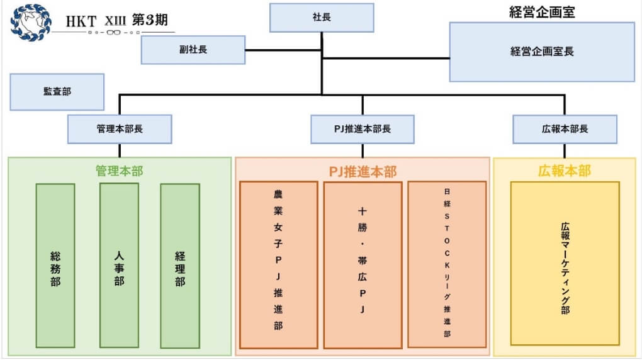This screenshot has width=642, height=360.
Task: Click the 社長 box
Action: pyautogui.click(x=322, y=18)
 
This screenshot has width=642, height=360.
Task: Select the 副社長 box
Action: pyautogui.click(x=193, y=50)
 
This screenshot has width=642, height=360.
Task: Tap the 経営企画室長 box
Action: pyautogui.click(x=541, y=52)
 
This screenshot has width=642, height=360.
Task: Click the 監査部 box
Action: pyautogui.click(x=57, y=92)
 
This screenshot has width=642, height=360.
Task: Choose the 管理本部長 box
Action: pyautogui.click(x=120, y=129)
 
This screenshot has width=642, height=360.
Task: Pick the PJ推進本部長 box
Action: pyautogui.click(x=362, y=129)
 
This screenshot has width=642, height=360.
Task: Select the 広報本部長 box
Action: pyautogui.click(x=565, y=129)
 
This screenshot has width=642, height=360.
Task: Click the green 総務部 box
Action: pyautogui.click(x=55, y=266)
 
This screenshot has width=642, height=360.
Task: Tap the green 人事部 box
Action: pyautogui.click(x=119, y=266)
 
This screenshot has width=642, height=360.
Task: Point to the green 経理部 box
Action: pyautogui.click(x=180, y=266)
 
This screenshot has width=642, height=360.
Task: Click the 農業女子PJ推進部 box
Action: pyautogui.click(x=278, y=264)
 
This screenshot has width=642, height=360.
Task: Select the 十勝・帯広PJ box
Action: pyautogui.click(x=363, y=264)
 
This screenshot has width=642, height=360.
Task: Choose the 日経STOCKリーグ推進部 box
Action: pyautogui.click(x=447, y=264)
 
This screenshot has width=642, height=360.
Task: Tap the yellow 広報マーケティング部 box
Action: pyautogui.click(x=565, y=264)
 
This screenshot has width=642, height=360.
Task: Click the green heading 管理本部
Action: pyautogui.click(x=119, y=171)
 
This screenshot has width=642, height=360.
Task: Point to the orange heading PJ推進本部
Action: pyautogui.click(x=363, y=171)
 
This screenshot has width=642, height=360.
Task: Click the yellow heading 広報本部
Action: pyautogui.click(x=565, y=171)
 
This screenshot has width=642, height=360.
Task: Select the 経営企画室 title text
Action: pyautogui.click(x=541, y=11)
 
